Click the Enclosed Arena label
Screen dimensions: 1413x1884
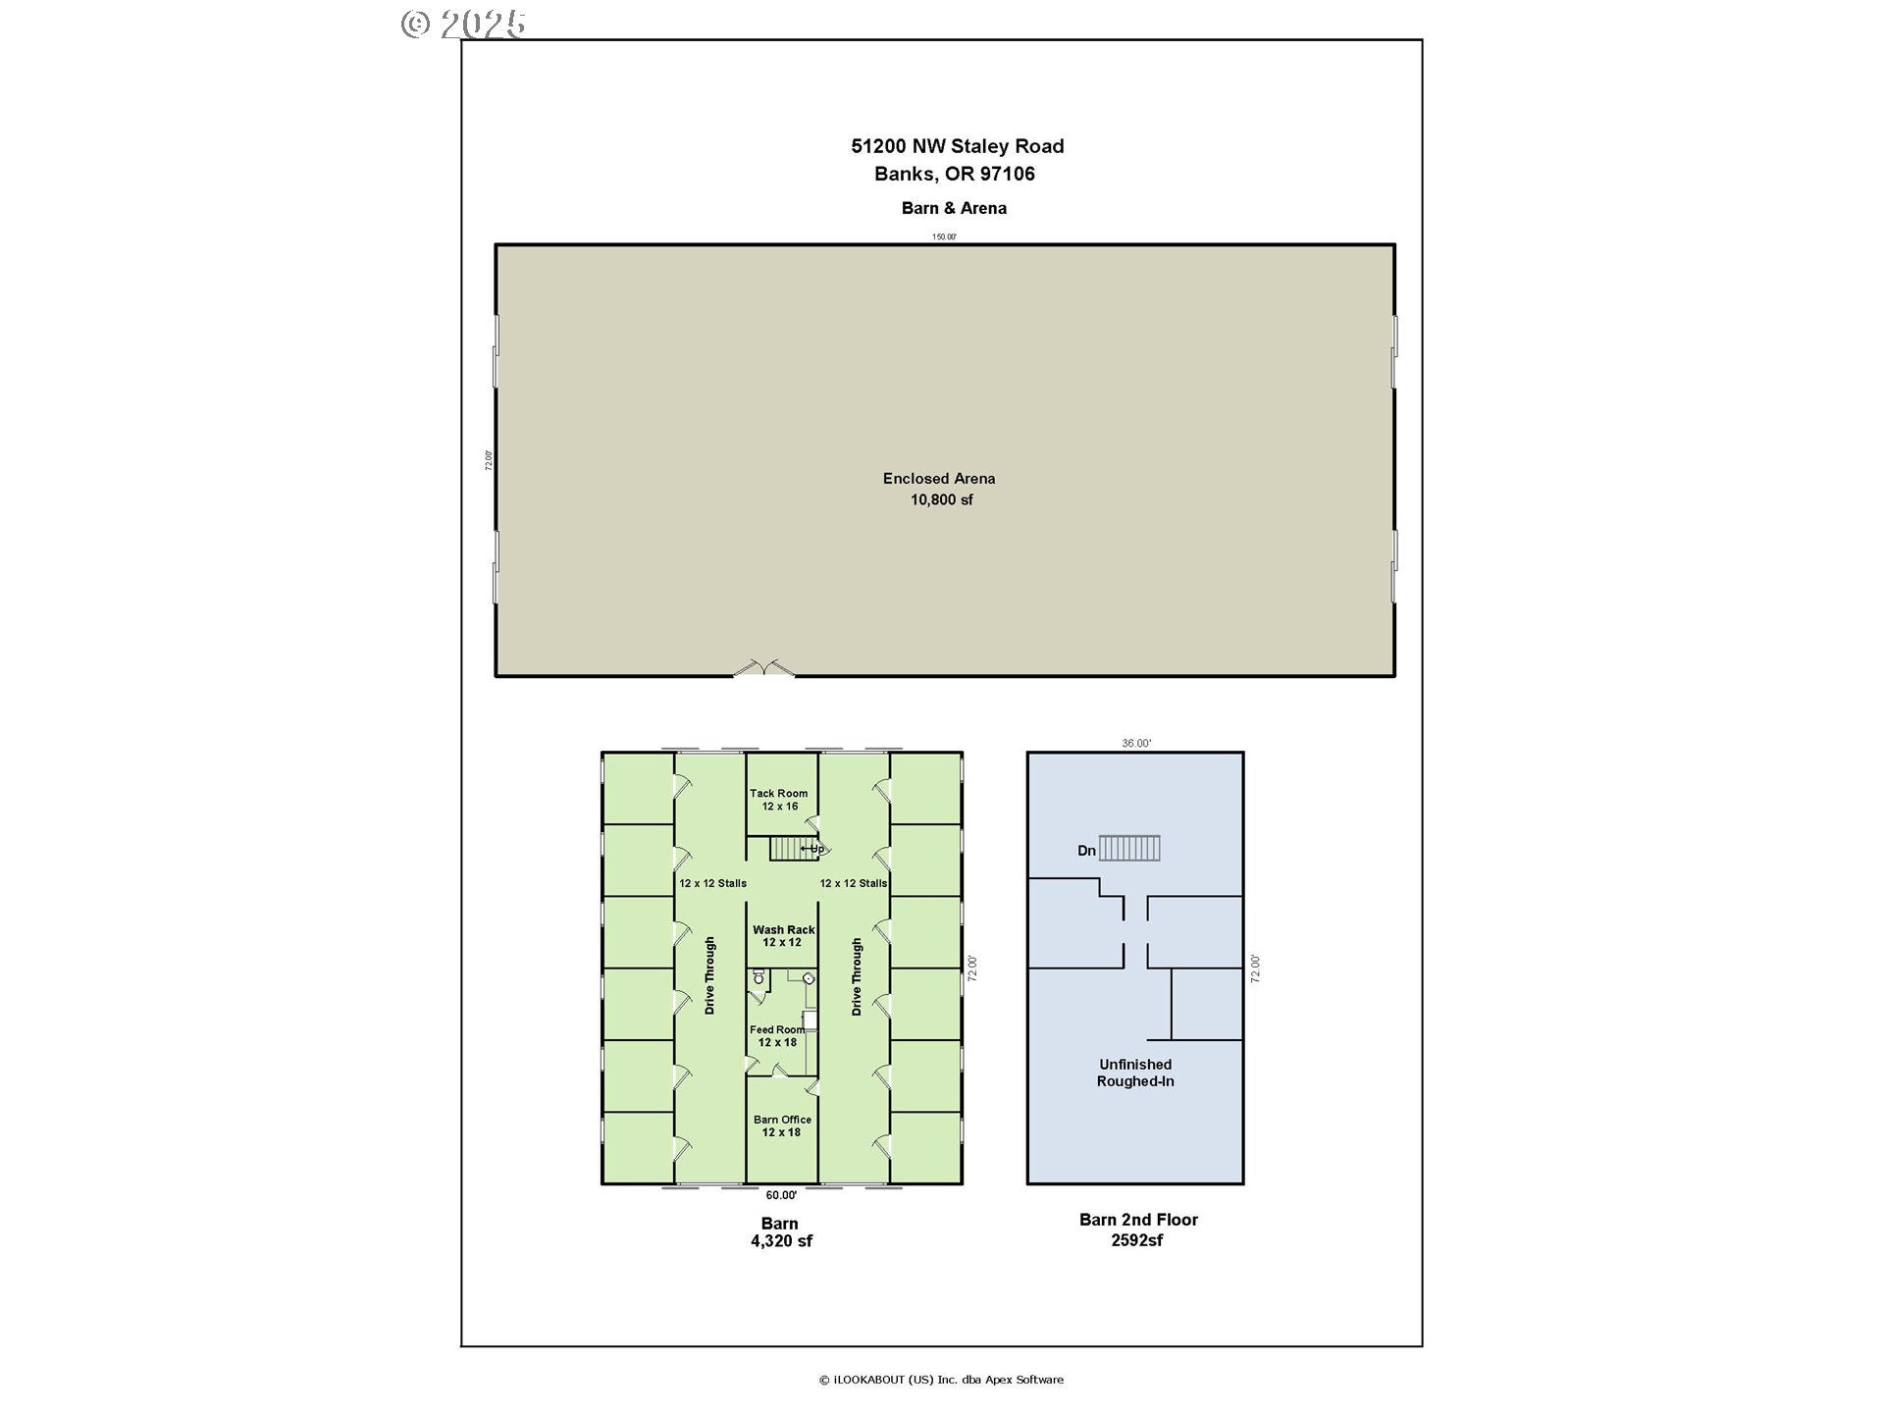tap(939, 479)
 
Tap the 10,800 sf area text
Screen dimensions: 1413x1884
tap(941, 499)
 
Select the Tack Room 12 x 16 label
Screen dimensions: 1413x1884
tap(779, 800)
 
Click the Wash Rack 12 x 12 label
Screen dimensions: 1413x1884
tap(783, 936)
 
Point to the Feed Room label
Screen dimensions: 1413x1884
tap(776, 1030)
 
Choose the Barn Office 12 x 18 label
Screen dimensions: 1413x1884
tap(782, 1125)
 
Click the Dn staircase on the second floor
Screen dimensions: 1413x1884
tap(1129, 848)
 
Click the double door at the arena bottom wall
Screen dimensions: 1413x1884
tap(763, 669)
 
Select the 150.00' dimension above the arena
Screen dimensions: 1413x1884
tap(944, 236)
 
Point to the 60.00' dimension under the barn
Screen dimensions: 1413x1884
tap(781, 1195)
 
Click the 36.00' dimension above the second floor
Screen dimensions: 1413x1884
tap(1136, 744)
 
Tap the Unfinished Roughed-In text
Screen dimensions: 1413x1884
tap(1135, 1073)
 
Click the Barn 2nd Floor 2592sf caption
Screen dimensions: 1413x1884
tap(1138, 1230)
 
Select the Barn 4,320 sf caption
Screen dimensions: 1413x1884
tap(781, 1232)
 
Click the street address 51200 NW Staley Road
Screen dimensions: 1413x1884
tap(957, 146)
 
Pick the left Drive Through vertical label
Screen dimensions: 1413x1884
tap(710, 975)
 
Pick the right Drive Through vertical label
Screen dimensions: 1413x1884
tap(857, 975)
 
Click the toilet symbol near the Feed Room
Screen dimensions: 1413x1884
tap(759, 977)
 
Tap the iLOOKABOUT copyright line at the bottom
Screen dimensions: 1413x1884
tap(941, 1380)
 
